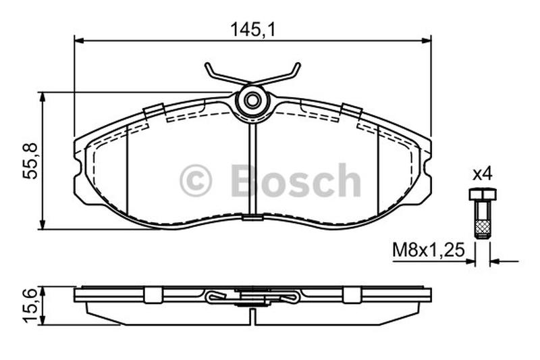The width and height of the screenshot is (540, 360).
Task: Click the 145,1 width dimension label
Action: pos(253,30)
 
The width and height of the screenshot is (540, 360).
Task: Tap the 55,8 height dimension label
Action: pos(30,161)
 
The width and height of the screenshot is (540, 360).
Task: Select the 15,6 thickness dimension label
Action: pos(30,306)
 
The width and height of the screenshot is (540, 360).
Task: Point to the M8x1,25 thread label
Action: pos(429,250)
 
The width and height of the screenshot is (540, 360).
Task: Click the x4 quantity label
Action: pos(483,174)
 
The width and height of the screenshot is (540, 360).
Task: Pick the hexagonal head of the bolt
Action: pos(483,195)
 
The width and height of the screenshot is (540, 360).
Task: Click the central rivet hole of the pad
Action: pos(252,101)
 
